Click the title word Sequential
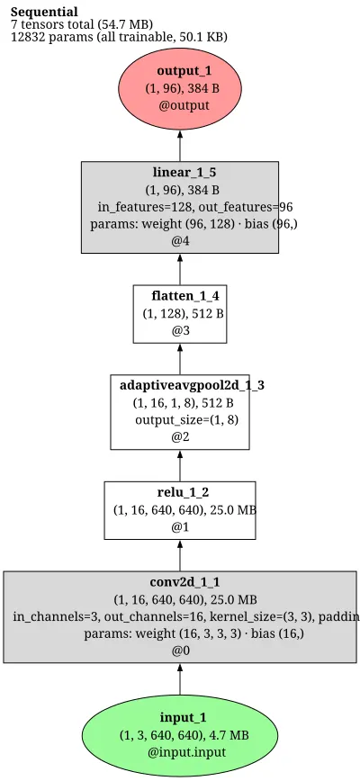44,12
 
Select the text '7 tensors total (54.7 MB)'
82,24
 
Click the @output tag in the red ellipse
184,105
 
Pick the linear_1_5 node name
184,173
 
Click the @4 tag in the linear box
180,241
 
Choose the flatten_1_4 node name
185,296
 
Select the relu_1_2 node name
183,492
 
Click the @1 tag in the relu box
180,527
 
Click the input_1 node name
183,718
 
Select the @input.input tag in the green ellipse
186,751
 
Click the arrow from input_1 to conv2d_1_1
180,679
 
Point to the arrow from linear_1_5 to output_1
180,146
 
